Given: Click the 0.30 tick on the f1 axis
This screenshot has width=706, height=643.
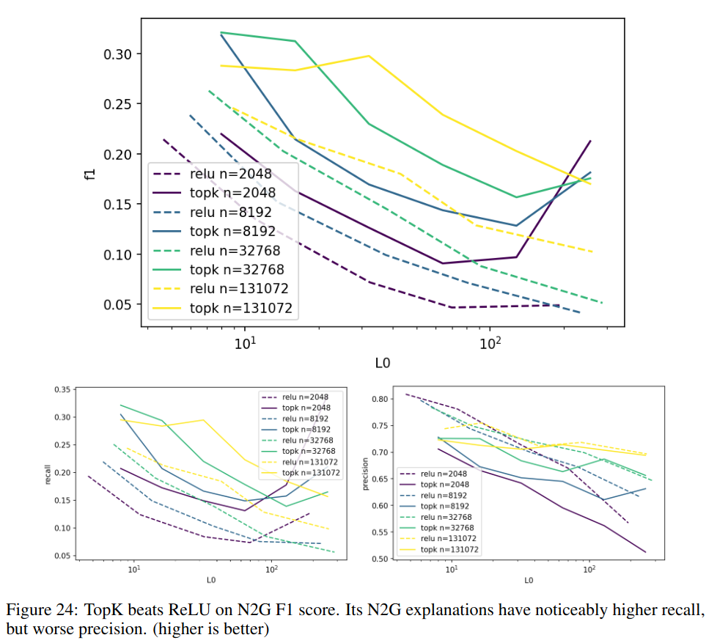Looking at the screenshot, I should point(119,54).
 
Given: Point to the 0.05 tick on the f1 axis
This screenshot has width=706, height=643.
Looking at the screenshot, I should point(119,304).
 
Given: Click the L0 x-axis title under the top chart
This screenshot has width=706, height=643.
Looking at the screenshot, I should point(381,363).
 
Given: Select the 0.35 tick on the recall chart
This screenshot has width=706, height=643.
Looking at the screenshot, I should point(63,389).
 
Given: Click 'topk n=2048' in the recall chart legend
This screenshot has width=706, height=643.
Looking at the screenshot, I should point(306,408).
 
